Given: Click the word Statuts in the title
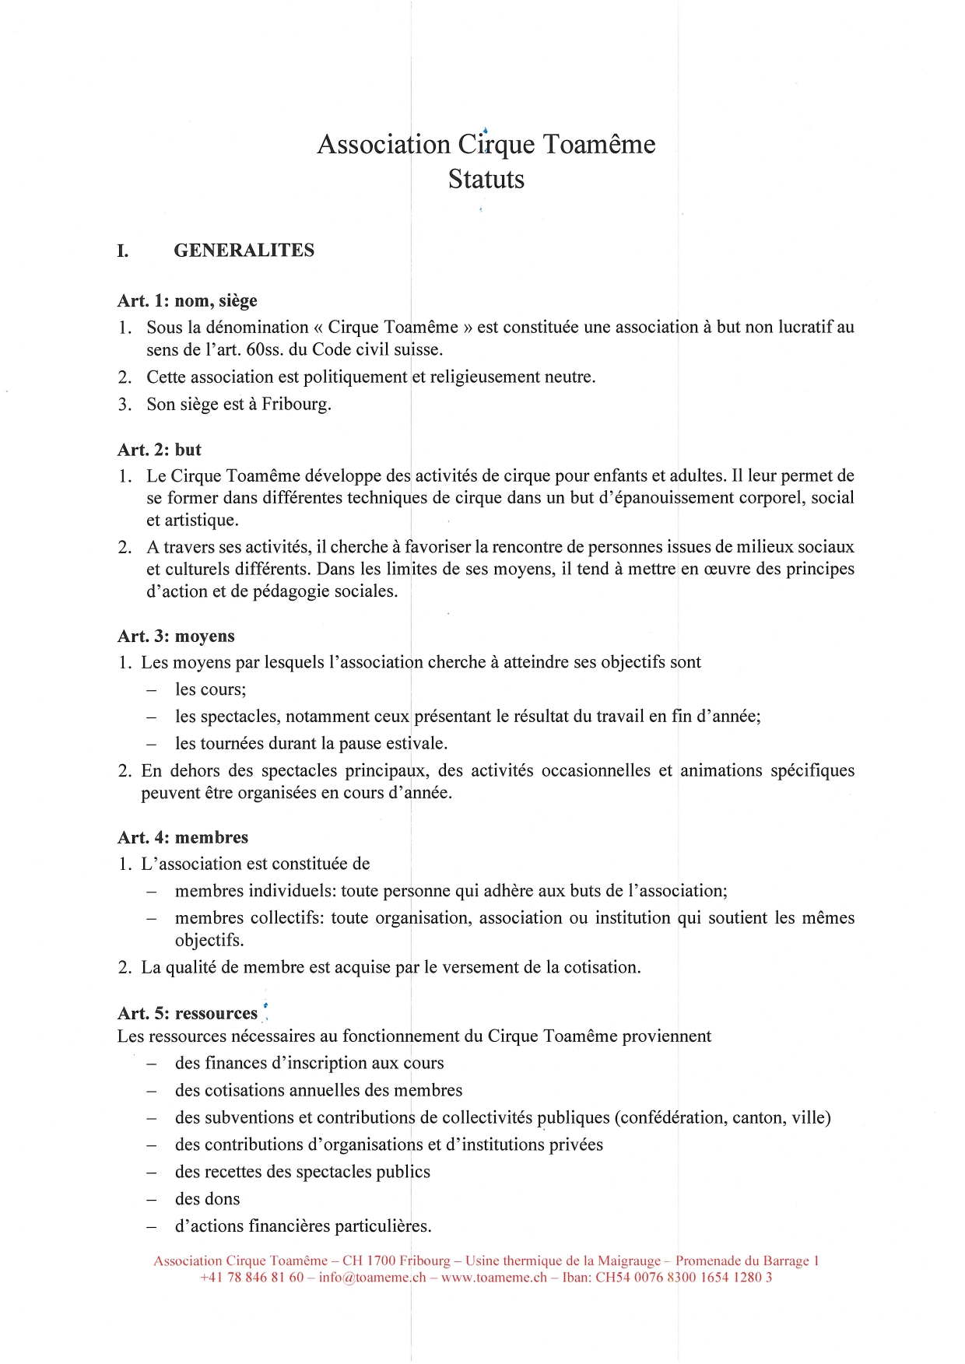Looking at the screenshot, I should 486,180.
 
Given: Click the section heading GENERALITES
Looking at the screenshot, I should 244,251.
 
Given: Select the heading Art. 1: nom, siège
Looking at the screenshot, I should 187,301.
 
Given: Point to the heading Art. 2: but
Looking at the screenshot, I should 159,450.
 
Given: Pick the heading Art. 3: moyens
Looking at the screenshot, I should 176,636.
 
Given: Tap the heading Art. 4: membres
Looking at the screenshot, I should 183,838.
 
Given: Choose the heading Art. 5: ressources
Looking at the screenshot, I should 187,1014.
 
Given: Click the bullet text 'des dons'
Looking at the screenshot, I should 207,1199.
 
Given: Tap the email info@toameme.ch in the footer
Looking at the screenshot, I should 372,1278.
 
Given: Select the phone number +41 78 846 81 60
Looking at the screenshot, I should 251,1278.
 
